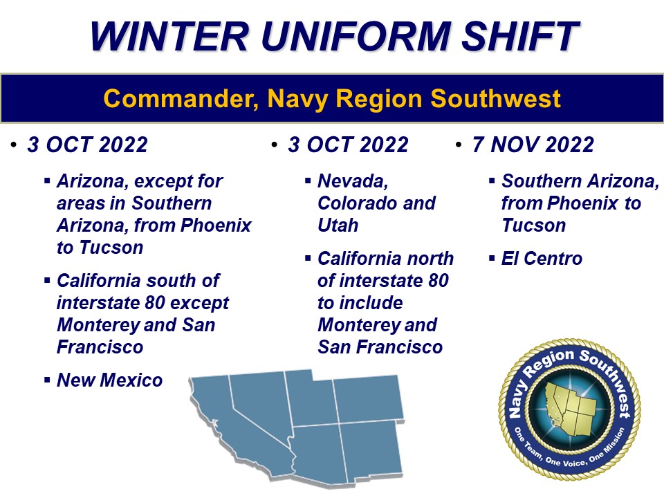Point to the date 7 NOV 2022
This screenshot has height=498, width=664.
tap(533, 145)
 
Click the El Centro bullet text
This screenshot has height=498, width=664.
tap(542, 259)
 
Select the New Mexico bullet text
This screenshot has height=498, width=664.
tap(109, 380)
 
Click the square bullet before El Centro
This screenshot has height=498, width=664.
tap(491, 259)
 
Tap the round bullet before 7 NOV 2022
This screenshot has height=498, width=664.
tap(459, 145)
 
